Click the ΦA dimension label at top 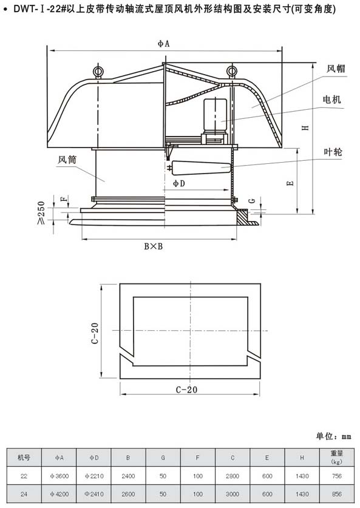164,44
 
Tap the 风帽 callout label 335,69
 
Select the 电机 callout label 332,100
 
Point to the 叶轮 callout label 333,152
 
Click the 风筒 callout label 67,160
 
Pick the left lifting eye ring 98,71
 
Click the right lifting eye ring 232,70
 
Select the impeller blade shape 202,168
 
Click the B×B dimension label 154,246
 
